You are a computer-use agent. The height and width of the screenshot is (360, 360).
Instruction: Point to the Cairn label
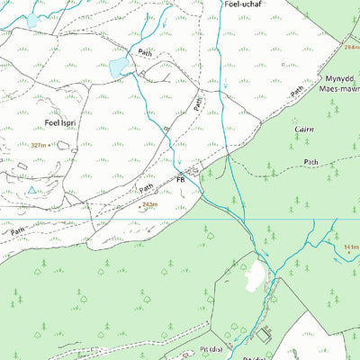click(x=304, y=130)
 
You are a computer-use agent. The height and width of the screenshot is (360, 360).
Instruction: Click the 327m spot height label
click(x=38, y=145)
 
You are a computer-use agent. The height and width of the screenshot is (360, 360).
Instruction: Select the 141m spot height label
click(x=350, y=247)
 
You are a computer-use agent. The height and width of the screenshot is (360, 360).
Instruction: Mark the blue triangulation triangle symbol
click(x=31, y=191)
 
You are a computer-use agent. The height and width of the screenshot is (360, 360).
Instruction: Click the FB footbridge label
click(x=180, y=180)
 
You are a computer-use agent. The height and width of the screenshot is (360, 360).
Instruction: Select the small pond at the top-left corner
click(x=33, y=19)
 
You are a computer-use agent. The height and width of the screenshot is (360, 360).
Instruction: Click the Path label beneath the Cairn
click(x=310, y=162)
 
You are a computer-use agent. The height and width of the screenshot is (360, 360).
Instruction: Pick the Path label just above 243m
click(x=148, y=189)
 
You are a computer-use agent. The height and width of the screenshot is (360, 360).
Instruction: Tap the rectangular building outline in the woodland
click(x=263, y=335)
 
